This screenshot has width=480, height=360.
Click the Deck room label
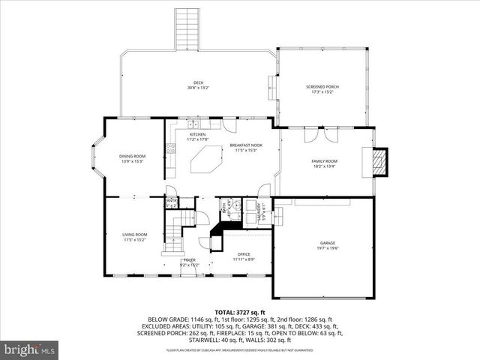198,85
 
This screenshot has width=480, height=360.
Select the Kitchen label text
187,136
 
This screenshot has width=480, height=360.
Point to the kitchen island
207,160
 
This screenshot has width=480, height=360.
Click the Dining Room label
132,158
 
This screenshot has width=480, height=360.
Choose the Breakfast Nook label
245,148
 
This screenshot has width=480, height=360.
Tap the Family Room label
325,163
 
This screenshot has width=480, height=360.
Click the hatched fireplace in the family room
382,161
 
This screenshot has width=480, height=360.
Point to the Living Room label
135,238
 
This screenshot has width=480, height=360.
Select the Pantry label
171,202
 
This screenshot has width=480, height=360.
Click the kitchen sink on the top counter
194,126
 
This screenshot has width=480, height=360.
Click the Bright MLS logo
30,349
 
